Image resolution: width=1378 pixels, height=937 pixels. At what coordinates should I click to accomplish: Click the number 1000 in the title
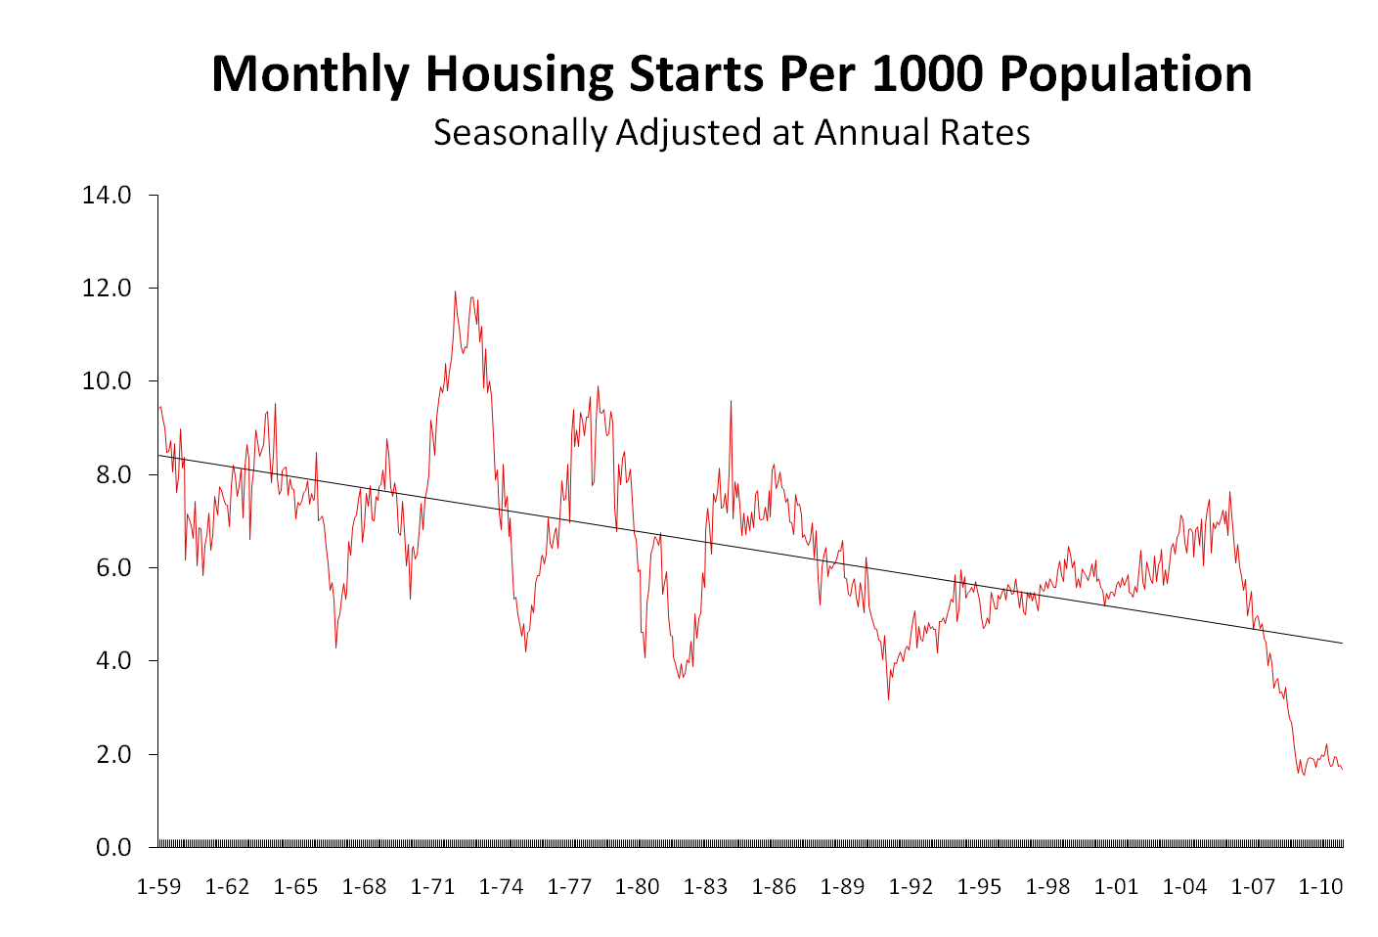point(925,74)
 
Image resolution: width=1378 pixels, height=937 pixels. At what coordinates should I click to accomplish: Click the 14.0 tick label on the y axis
point(107,195)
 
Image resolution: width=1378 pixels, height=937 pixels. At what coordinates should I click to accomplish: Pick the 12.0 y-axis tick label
point(107,289)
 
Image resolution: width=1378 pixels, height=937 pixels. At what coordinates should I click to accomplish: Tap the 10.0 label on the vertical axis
point(107,381)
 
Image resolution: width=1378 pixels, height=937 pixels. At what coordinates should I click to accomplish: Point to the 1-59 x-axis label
point(158,887)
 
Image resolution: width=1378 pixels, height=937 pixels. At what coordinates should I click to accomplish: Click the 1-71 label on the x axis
point(432,887)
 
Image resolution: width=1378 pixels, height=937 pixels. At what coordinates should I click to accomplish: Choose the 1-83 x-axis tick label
point(705,887)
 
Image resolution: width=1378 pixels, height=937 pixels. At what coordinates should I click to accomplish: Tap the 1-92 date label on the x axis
point(911,887)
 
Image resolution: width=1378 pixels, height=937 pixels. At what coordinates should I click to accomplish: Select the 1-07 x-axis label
point(1253,887)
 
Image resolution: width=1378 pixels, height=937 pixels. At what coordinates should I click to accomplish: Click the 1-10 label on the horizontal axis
point(1320,887)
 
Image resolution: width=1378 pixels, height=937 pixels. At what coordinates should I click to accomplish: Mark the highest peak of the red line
point(455,291)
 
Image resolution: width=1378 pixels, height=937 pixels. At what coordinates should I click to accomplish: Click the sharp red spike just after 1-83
point(731,401)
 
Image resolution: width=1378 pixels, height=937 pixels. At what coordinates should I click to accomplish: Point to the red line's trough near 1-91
point(888,698)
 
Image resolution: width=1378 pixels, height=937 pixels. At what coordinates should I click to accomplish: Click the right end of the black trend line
point(1342,643)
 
